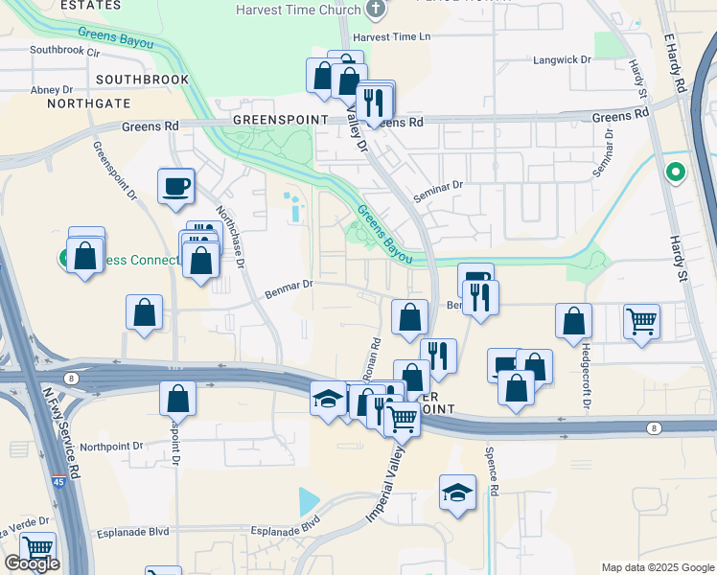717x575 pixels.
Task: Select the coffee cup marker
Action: [176, 186]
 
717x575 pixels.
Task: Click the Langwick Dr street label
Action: [561, 59]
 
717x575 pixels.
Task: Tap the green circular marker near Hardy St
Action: [676, 173]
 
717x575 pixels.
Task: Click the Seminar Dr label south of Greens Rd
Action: [438, 185]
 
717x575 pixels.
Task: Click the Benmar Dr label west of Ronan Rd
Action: [289, 285]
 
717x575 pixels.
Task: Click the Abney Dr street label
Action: [45, 89]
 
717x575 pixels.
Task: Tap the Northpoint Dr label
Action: [111, 447]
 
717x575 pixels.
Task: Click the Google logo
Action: [32, 564]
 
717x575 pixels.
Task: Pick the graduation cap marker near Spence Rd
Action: [458, 494]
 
